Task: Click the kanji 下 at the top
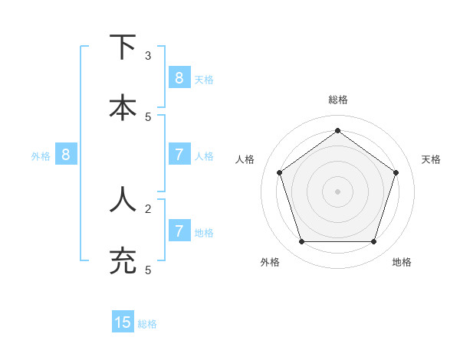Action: point(123,47)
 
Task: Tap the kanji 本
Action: point(123,107)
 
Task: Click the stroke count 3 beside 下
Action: point(148,56)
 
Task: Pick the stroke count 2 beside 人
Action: point(148,208)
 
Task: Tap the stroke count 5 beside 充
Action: point(148,270)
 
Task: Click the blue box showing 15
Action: point(123,322)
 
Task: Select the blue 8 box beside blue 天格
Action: point(179,77)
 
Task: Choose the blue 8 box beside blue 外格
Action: point(66,154)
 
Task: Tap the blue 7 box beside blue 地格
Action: point(179,231)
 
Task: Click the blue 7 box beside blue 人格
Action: point(179,154)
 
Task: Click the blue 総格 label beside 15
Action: point(147,324)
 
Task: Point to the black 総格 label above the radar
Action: point(337,100)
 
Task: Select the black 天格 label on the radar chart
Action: point(431,159)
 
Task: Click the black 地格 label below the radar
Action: point(402,262)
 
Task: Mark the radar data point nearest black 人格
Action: point(279,172)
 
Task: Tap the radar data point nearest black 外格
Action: point(301,242)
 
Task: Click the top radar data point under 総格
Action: point(337,130)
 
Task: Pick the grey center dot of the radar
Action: point(337,191)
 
